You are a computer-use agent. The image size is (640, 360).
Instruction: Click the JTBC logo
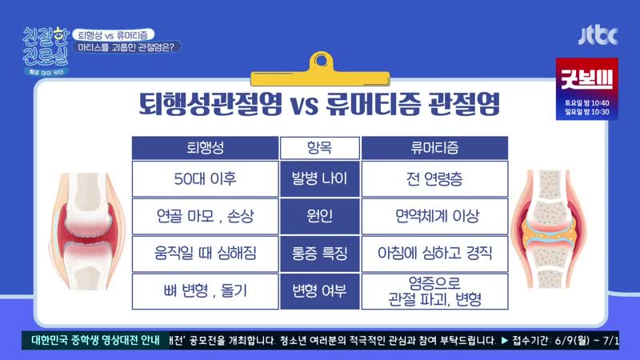coord(598,35)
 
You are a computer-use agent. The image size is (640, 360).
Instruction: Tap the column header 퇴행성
coord(205,148)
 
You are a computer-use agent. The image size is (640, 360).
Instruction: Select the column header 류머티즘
coord(434,148)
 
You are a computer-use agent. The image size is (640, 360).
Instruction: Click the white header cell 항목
coord(319,148)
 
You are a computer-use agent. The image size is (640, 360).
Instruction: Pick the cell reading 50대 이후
coord(205,178)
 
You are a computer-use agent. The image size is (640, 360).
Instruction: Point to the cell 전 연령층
coord(434,178)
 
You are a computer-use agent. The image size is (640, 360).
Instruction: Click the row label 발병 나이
coord(319,178)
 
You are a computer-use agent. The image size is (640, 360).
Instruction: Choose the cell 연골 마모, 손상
coord(205,216)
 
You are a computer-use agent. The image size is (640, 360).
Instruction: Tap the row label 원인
coord(319,216)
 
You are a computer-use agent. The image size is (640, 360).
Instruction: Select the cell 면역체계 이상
coord(434,216)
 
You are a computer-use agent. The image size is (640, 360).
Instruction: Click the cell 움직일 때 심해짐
coord(205,254)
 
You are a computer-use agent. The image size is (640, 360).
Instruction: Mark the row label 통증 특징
coord(319,254)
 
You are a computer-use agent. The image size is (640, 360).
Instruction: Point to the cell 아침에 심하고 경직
coord(434,254)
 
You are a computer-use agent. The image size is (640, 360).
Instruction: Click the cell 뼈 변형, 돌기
coord(205,291)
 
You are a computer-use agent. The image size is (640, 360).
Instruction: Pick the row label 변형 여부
coord(319,291)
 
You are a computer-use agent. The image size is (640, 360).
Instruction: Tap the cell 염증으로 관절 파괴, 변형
coord(434,291)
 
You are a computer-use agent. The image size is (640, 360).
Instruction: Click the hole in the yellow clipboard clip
coord(322,61)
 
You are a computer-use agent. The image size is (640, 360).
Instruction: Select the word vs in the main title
coord(305,105)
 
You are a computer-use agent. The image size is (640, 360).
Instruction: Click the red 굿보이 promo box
coord(587,89)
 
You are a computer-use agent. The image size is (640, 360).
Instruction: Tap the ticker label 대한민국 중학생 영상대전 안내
coord(95,340)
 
